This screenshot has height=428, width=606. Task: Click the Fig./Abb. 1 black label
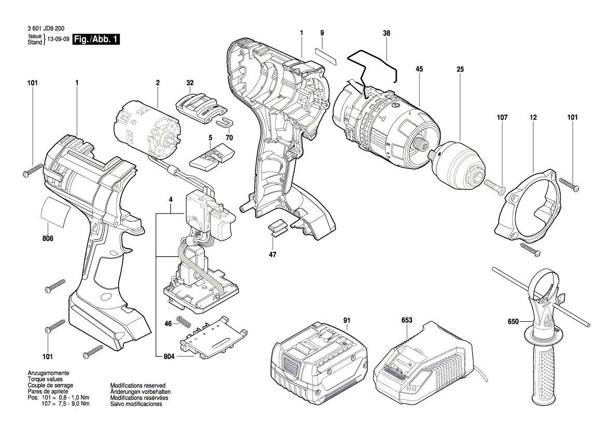pos(96,39)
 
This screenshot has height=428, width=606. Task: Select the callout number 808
pos(48,239)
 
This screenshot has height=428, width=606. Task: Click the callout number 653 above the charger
pos(406,321)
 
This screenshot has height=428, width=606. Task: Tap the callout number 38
pos(386,33)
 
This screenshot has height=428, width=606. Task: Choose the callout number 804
pos(169,357)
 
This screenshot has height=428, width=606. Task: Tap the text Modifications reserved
pos(137,386)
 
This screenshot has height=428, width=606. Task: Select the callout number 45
pos(419,69)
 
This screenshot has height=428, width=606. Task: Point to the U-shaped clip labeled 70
pos(224,121)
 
